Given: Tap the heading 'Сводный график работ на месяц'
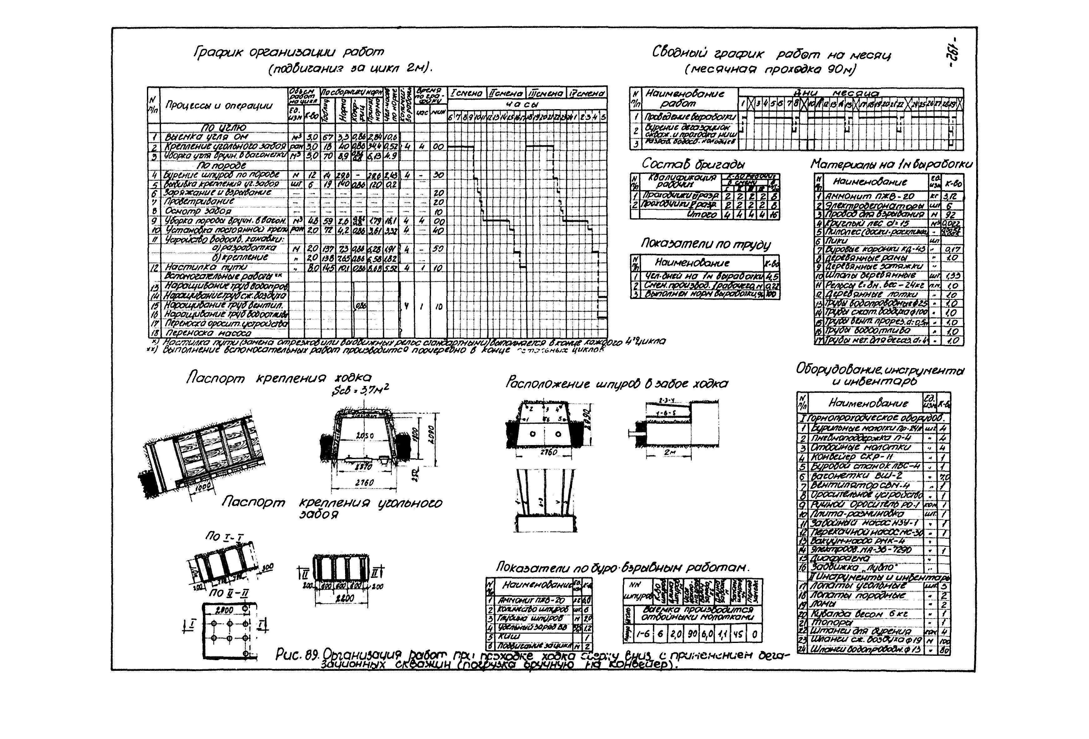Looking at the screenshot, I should [x=771, y=54].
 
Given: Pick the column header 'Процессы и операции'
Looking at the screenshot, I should [x=219, y=105].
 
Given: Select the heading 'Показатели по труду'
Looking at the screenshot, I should [x=705, y=244].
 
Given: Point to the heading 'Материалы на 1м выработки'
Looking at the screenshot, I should [x=891, y=165].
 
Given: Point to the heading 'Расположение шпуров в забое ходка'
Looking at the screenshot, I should [x=617, y=383].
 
